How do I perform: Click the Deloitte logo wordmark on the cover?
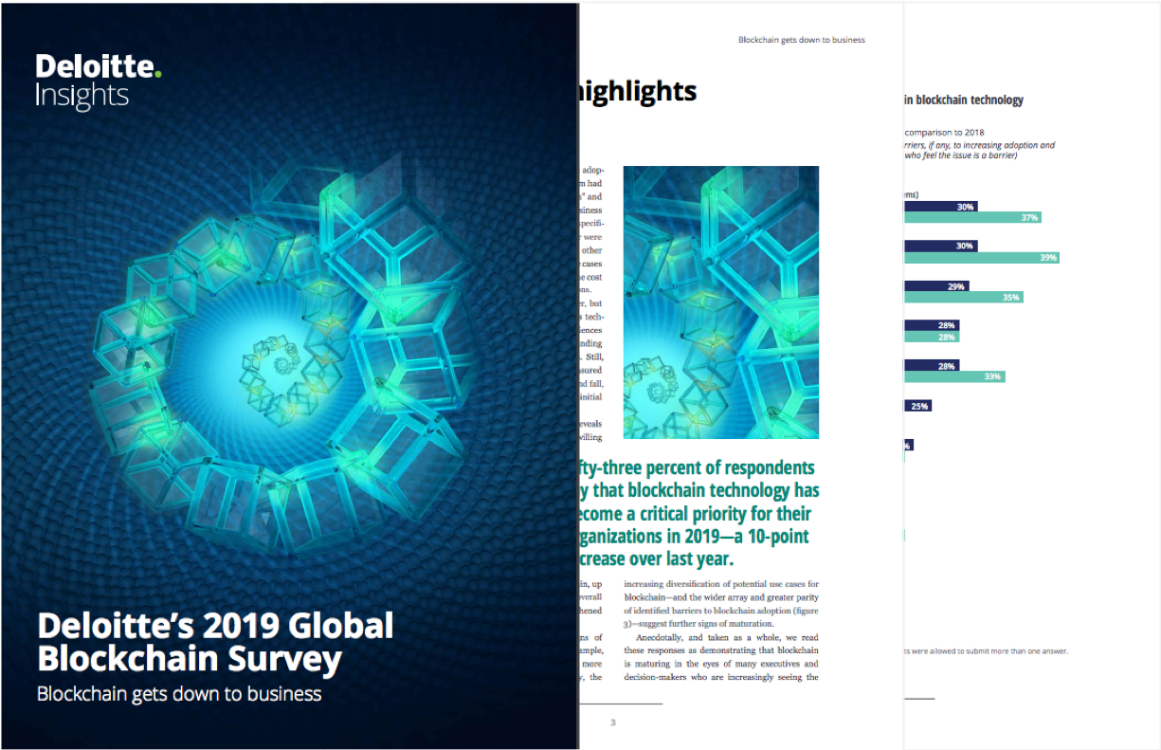click(95, 67)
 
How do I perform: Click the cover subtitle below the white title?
click(179, 694)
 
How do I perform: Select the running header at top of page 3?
click(801, 40)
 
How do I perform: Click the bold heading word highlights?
click(637, 91)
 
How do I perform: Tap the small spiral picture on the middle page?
click(720, 302)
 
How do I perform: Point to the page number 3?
click(613, 723)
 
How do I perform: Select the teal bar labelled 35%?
click(963, 297)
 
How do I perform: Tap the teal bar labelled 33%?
click(953, 376)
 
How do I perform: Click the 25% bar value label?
click(918, 406)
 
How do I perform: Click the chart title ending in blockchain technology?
click(963, 100)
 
